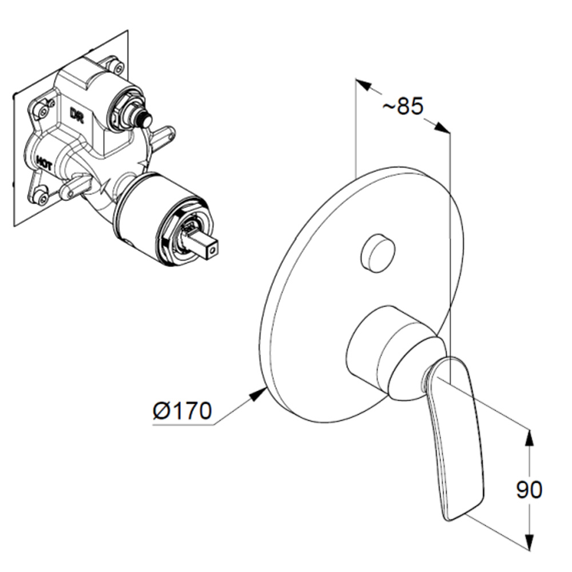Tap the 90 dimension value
pyautogui.click(x=529, y=490)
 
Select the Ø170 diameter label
pyautogui.click(x=182, y=411)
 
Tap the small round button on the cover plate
pyautogui.click(x=378, y=252)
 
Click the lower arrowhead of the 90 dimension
pyautogui.click(x=530, y=542)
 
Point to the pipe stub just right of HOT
pyautogui.click(x=74, y=186)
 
